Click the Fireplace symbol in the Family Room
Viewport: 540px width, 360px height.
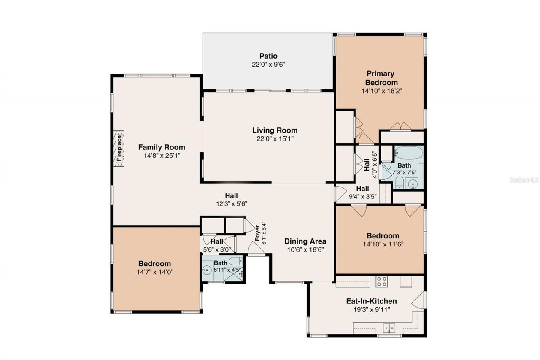[x=119, y=148]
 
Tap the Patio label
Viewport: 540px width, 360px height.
[x=268, y=56]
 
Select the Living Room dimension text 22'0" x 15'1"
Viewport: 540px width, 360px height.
[x=275, y=138]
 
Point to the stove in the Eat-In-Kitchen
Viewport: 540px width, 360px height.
[x=382, y=282]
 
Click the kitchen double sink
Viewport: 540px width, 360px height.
[x=389, y=327]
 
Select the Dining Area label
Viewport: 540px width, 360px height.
[x=305, y=241]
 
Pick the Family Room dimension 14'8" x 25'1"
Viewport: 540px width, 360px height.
[x=162, y=155]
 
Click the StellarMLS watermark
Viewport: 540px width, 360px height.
[x=524, y=180]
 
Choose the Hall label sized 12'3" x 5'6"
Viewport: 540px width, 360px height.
[x=231, y=195]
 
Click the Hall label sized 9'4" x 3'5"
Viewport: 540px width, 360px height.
[x=362, y=188]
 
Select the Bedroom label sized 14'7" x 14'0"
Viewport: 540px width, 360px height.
[x=155, y=263]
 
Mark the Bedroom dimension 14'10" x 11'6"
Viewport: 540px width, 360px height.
[x=382, y=244]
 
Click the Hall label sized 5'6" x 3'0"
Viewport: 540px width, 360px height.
[x=217, y=242]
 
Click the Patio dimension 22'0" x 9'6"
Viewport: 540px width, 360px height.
[x=268, y=65]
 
